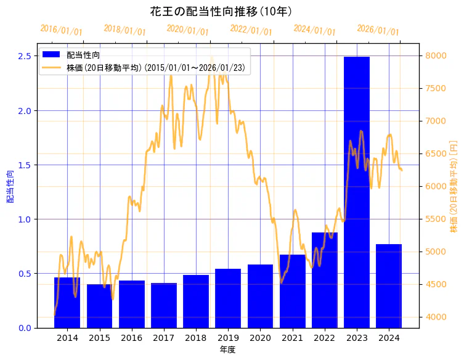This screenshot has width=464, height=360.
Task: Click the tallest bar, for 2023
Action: click(357, 192)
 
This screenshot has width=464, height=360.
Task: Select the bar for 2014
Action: click(67, 302)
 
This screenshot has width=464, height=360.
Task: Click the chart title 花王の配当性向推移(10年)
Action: click(221, 11)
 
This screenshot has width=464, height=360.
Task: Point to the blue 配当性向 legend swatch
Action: click(52, 55)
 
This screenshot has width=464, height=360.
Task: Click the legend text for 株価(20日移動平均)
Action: click(158, 68)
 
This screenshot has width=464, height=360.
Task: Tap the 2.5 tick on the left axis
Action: click(24, 56)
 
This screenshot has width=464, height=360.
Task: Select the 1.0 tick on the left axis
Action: click(24, 219)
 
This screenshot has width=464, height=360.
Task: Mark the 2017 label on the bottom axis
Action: click(164, 338)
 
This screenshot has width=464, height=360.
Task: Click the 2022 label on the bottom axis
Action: click(325, 338)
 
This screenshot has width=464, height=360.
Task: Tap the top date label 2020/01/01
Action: click(188, 30)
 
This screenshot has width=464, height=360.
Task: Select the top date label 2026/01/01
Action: click(378, 31)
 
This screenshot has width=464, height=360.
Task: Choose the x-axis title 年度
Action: click(227, 350)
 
